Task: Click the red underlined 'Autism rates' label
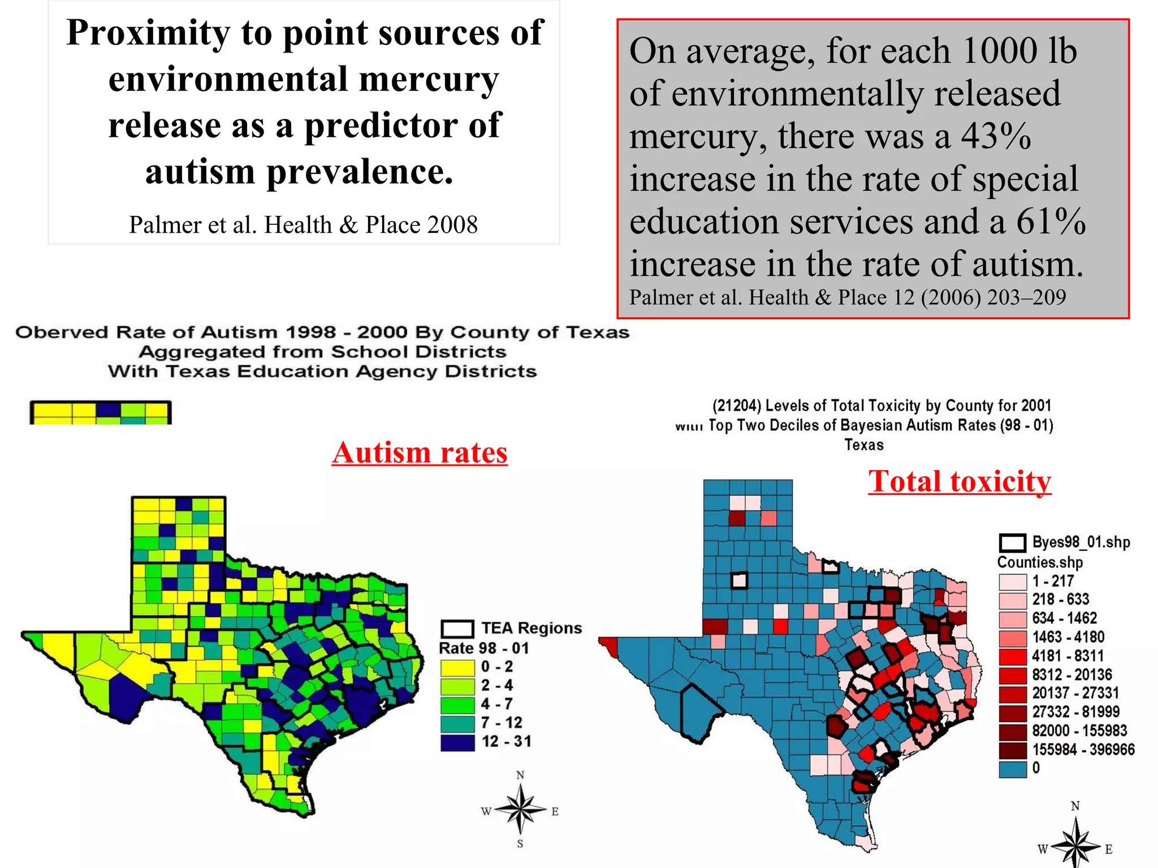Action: [x=420, y=453]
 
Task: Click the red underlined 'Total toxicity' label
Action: [x=960, y=481]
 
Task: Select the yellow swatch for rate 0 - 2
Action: [x=457, y=667]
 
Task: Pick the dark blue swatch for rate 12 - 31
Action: [x=457, y=742]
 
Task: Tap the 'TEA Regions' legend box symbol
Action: [x=457, y=628]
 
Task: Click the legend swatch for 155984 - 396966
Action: [x=1012, y=750]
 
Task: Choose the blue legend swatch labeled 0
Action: [x=1012, y=769]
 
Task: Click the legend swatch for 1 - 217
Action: [x=1012, y=581]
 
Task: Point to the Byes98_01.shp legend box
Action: [x=1012, y=543]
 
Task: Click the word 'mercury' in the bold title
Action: [x=429, y=79]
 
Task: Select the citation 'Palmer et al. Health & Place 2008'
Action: [x=303, y=225]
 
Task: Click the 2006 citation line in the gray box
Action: [x=847, y=297]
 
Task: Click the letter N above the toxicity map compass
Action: [x=1075, y=806]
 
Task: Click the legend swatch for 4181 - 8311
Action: [x=1012, y=656]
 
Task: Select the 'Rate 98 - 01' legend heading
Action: [x=484, y=648]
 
